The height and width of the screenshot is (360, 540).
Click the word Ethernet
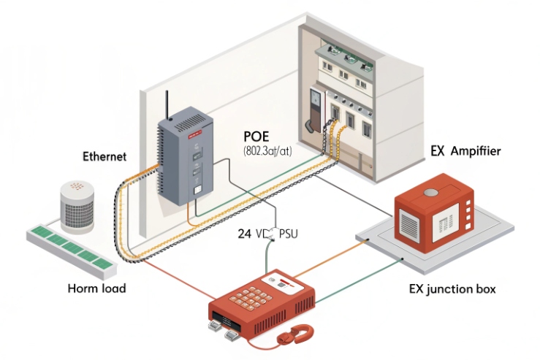[x=104, y=156]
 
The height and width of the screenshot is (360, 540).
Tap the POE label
[x=258, y=137]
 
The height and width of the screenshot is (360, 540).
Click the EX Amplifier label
[x=465, y=151]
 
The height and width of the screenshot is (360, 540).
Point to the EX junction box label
[x=452, y=289]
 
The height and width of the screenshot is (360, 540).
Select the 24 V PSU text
[x=267, y=234]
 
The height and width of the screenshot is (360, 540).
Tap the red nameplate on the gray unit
[x=194, y=134]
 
